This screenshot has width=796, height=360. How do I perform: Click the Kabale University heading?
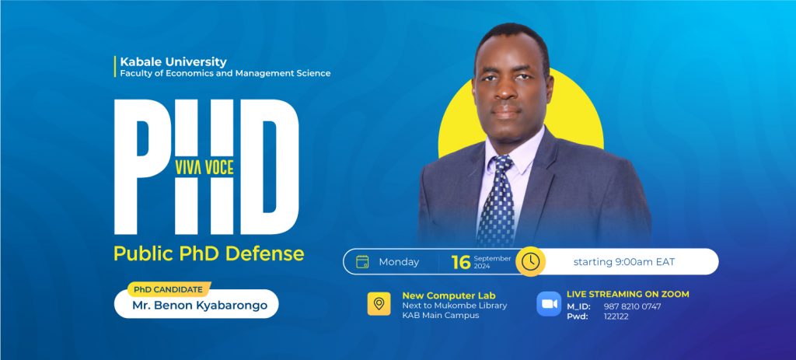173,62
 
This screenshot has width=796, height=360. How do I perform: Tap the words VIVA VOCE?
204,168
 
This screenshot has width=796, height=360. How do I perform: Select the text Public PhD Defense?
208,253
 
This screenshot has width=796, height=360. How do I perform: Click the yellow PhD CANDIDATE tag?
169,289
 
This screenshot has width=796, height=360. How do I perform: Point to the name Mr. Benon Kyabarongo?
200,306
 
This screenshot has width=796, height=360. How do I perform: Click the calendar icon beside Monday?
362,261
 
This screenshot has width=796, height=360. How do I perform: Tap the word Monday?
399,262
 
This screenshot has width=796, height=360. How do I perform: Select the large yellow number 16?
461,263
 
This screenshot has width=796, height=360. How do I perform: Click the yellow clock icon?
530,261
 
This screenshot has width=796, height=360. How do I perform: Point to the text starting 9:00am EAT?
624,262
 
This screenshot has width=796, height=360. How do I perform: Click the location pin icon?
379,304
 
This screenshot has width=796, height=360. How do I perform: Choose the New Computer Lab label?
449,295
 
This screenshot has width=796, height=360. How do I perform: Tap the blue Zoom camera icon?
549,304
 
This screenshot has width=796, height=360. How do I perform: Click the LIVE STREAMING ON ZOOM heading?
628,294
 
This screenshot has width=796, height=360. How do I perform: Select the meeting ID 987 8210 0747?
633,306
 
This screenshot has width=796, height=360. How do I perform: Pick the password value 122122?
616,316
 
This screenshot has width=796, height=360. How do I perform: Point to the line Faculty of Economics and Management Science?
225,74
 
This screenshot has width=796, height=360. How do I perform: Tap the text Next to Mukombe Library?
454,306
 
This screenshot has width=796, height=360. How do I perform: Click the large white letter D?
270,166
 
